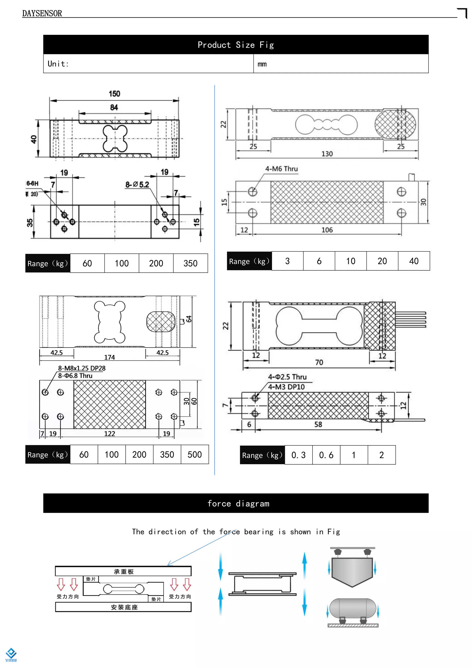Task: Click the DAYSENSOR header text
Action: click(x=42, y=13)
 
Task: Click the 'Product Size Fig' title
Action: click(x=236, y=45)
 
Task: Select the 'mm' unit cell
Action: click(x=262, y=64)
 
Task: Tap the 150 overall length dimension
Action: click(x=114, y=94)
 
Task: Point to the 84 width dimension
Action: click(x=114, y=107)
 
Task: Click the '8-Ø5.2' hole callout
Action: click(x=137, y=185)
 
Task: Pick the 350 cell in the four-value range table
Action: click(x=190, y=263)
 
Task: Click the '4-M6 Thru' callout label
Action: click(x=281, y=169)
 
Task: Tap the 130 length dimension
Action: click(x=327, y=154)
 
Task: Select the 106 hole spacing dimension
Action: click(x=327, y=230)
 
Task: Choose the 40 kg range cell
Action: click(x=414, y=261)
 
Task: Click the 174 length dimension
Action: click(x=109, y=357)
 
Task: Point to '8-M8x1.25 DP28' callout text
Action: click(x=82, y=368)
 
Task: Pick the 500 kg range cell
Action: click(x=195, y=454)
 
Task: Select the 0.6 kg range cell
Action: click(x=326, y=455)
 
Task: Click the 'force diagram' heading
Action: click(x=238, y=504)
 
